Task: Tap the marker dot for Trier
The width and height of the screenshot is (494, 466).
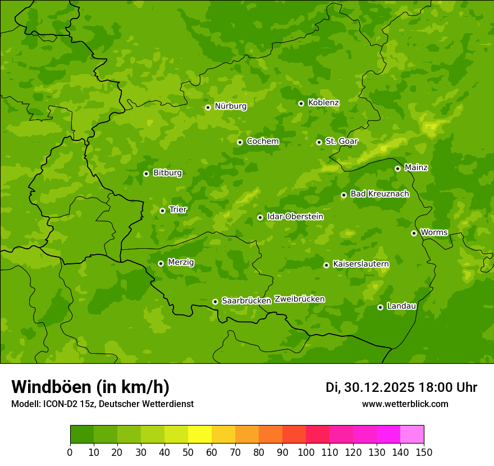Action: tap(162, 211)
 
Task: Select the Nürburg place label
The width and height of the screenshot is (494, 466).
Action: tap(230, 106)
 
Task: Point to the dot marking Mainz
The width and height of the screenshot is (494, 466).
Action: tap(397, 168)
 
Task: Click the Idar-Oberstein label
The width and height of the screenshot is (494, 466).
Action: tap(295, 217)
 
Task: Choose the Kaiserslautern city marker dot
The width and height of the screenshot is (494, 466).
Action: tap(326, 265)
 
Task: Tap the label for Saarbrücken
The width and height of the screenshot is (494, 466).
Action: tap(246, 301)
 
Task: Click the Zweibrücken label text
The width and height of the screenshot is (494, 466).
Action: tap(299, 299)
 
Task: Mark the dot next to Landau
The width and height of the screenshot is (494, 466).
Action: tap(380, 307)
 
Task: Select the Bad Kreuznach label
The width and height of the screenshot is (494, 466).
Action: tap(379, 194)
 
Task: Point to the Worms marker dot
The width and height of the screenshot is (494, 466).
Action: tap(414, 233)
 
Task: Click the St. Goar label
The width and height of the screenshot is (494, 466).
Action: tap(341, 141)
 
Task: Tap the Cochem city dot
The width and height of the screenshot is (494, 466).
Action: tap(240, 142)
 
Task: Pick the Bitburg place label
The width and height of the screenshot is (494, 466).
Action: tap(167, 173)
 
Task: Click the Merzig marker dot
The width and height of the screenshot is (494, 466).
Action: tap(161, 263)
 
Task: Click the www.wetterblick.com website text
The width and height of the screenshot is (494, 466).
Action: tap(405, 404)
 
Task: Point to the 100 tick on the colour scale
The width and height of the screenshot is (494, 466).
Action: tap(306, 452)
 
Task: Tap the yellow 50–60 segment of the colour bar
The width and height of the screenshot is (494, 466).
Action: tap(200, 435)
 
